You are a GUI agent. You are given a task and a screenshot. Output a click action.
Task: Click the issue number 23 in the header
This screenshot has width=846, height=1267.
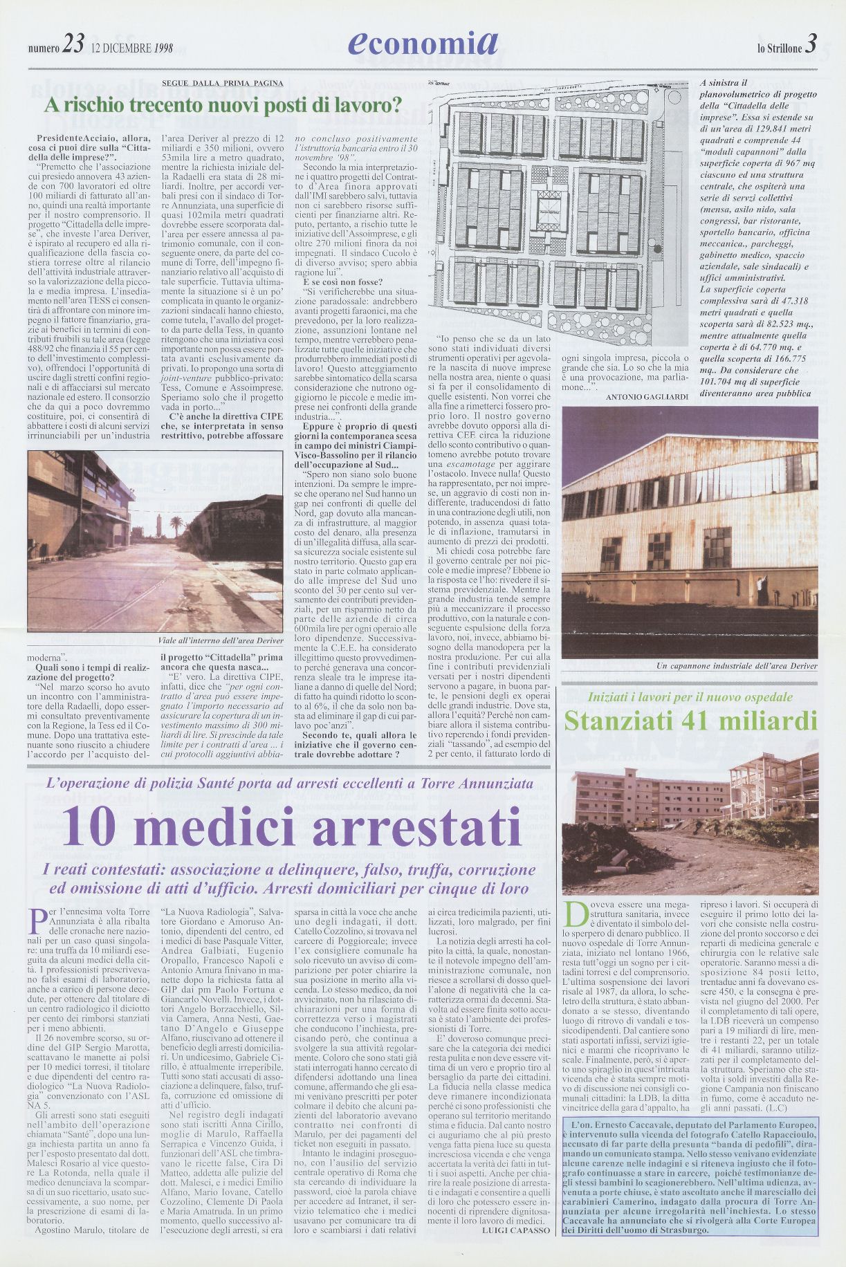tap(73, 44)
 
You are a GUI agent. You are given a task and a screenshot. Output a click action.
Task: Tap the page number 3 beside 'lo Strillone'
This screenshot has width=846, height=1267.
tap(811, 44)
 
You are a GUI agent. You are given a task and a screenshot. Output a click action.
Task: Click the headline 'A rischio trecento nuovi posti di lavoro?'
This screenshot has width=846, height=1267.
tap(223, 106)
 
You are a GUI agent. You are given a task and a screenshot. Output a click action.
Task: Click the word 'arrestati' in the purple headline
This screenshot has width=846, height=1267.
tap(416, 827)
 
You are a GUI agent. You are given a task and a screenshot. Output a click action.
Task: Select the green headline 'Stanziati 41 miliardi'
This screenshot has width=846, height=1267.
tap(690, 721)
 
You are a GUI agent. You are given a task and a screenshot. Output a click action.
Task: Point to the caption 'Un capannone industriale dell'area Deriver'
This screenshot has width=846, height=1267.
tap(737, 666)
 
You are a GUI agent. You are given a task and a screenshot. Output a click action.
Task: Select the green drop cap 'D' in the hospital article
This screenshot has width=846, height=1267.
tap(574, 913)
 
